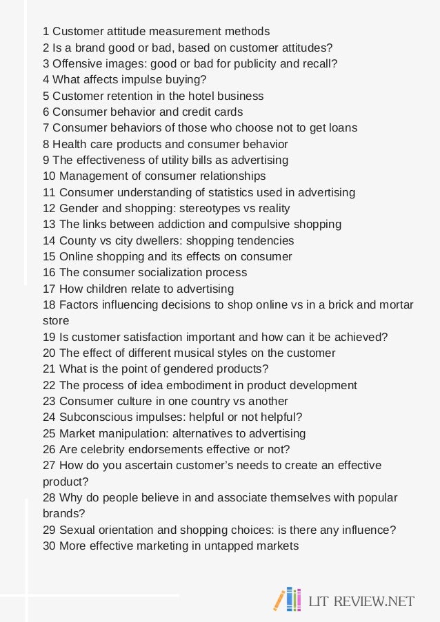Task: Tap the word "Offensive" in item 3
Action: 77,63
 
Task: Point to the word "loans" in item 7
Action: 342,127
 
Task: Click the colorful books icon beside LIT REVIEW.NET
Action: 288,600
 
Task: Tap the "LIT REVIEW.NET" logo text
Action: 361,601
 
